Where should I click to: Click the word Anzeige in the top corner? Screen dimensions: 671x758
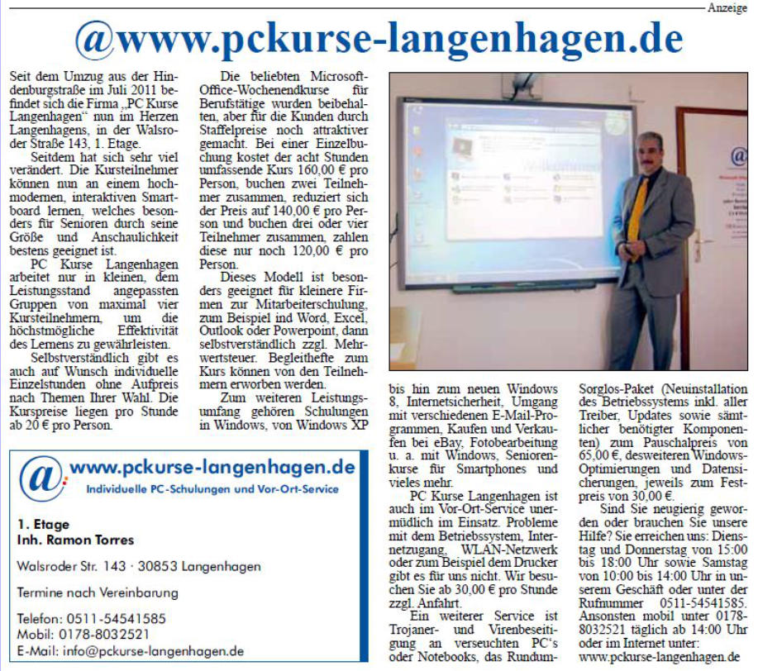(x=727, y=7)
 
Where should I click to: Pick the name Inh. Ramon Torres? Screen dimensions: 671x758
(x=75, y=540)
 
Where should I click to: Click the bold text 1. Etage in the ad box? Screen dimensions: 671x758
(x=43, y=525)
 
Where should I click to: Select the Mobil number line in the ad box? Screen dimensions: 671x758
(x=83, y=634)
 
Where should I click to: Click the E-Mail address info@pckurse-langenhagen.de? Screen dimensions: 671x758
(x=131, y=650)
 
